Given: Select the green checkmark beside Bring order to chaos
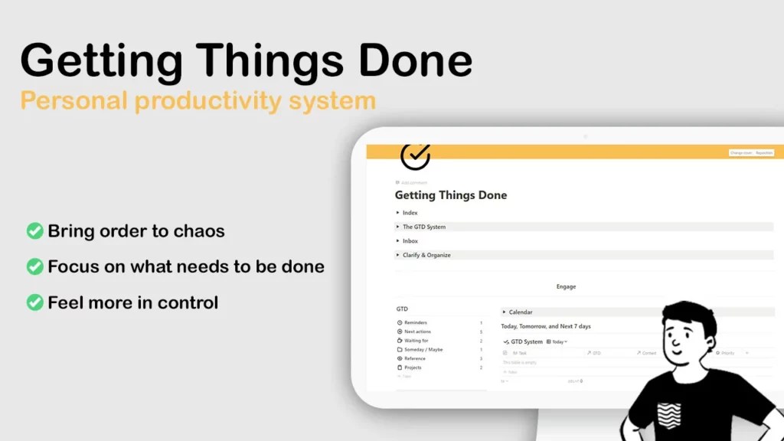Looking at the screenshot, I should tap(34, 230).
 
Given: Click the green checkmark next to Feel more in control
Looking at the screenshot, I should tap(34, 302).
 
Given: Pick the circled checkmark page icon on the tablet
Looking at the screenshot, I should tap(415, 155).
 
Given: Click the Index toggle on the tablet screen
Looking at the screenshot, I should tap(410, 213).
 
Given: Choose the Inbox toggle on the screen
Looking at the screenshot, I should tap(410, 241).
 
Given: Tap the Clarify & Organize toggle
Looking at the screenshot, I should tap(426, 255).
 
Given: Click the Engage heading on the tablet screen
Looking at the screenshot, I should tap(566, 286).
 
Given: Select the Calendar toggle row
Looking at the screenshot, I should tap(520, 312).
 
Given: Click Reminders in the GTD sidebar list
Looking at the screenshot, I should tap(416, 323).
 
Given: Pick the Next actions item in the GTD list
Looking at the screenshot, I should tap(417, 332).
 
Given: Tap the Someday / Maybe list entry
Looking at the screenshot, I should tap(423, 349).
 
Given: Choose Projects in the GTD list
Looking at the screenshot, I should tap(414, 367).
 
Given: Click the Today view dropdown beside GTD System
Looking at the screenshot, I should tap(557, 341).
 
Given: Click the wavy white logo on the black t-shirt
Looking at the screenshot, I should tap(668, 414).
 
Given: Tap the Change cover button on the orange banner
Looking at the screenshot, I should tap(740, 153).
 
